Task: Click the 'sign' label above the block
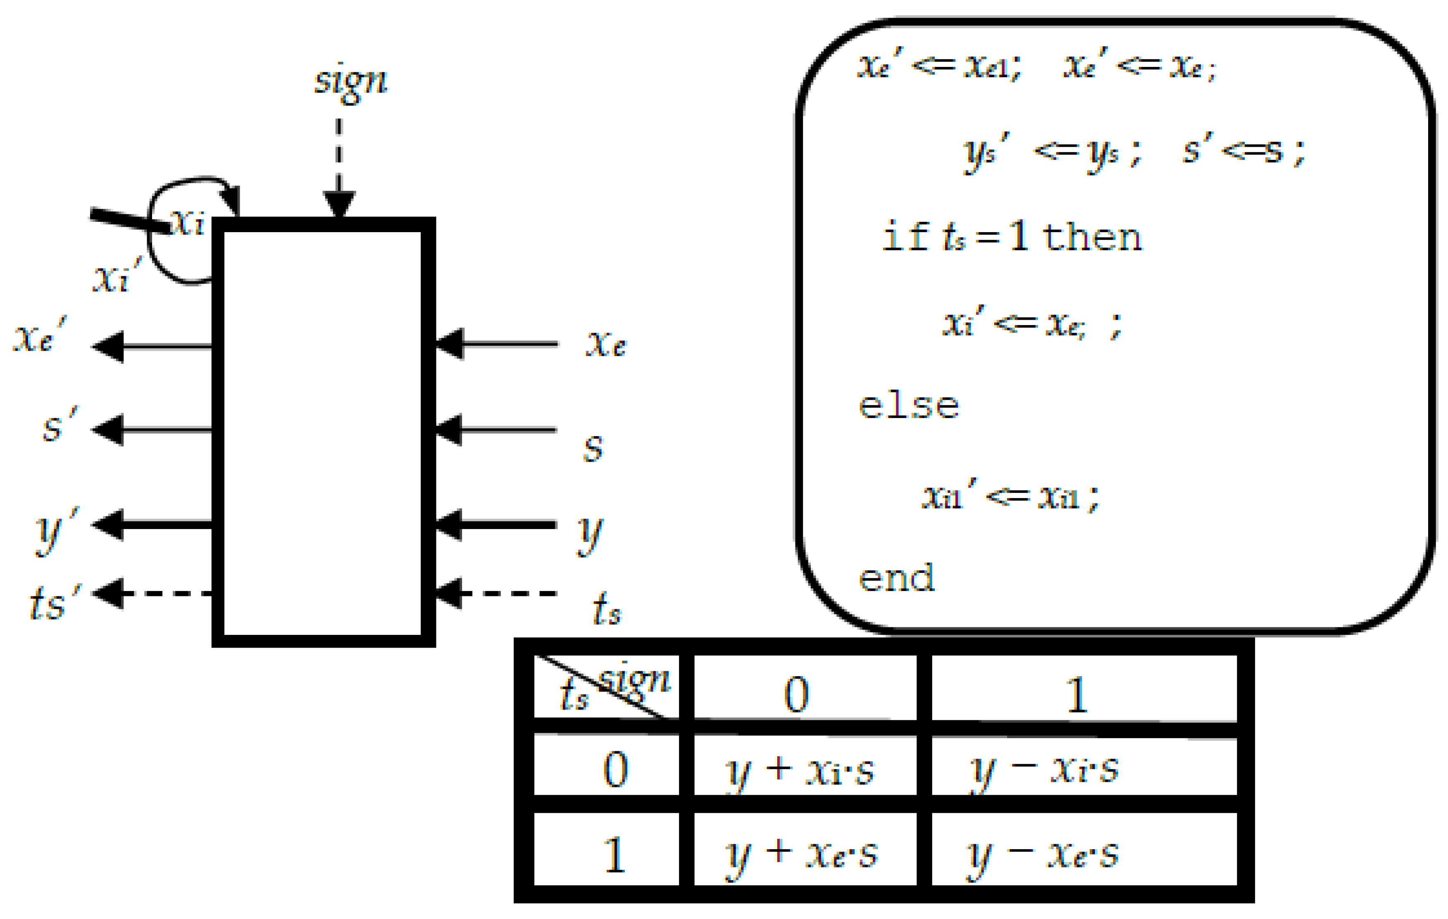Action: coord(352,81)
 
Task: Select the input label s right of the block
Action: coord(593,448)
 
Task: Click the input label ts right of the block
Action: coord(606,609)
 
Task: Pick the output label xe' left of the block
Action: coord(39,337)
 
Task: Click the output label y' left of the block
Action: coord(56,529)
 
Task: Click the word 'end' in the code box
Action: coord(896,578)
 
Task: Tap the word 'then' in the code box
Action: coord(1091,237)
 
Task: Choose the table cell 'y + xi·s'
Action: coord(800,771)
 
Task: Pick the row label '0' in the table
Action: coord(615,770)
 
